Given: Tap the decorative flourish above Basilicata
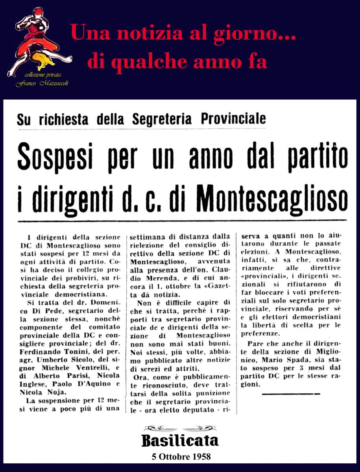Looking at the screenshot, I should coord(180,428).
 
